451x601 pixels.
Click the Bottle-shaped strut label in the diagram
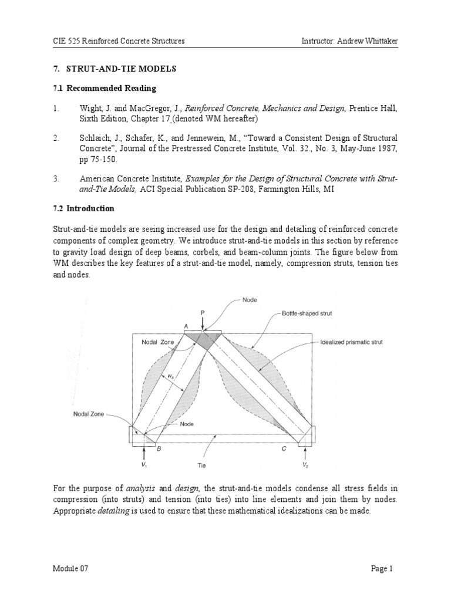point(307,313)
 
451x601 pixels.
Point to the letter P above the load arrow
point(202,314)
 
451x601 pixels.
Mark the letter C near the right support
point(285,448)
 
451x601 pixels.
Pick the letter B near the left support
point(158,448)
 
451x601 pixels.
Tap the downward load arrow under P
point(202,325)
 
